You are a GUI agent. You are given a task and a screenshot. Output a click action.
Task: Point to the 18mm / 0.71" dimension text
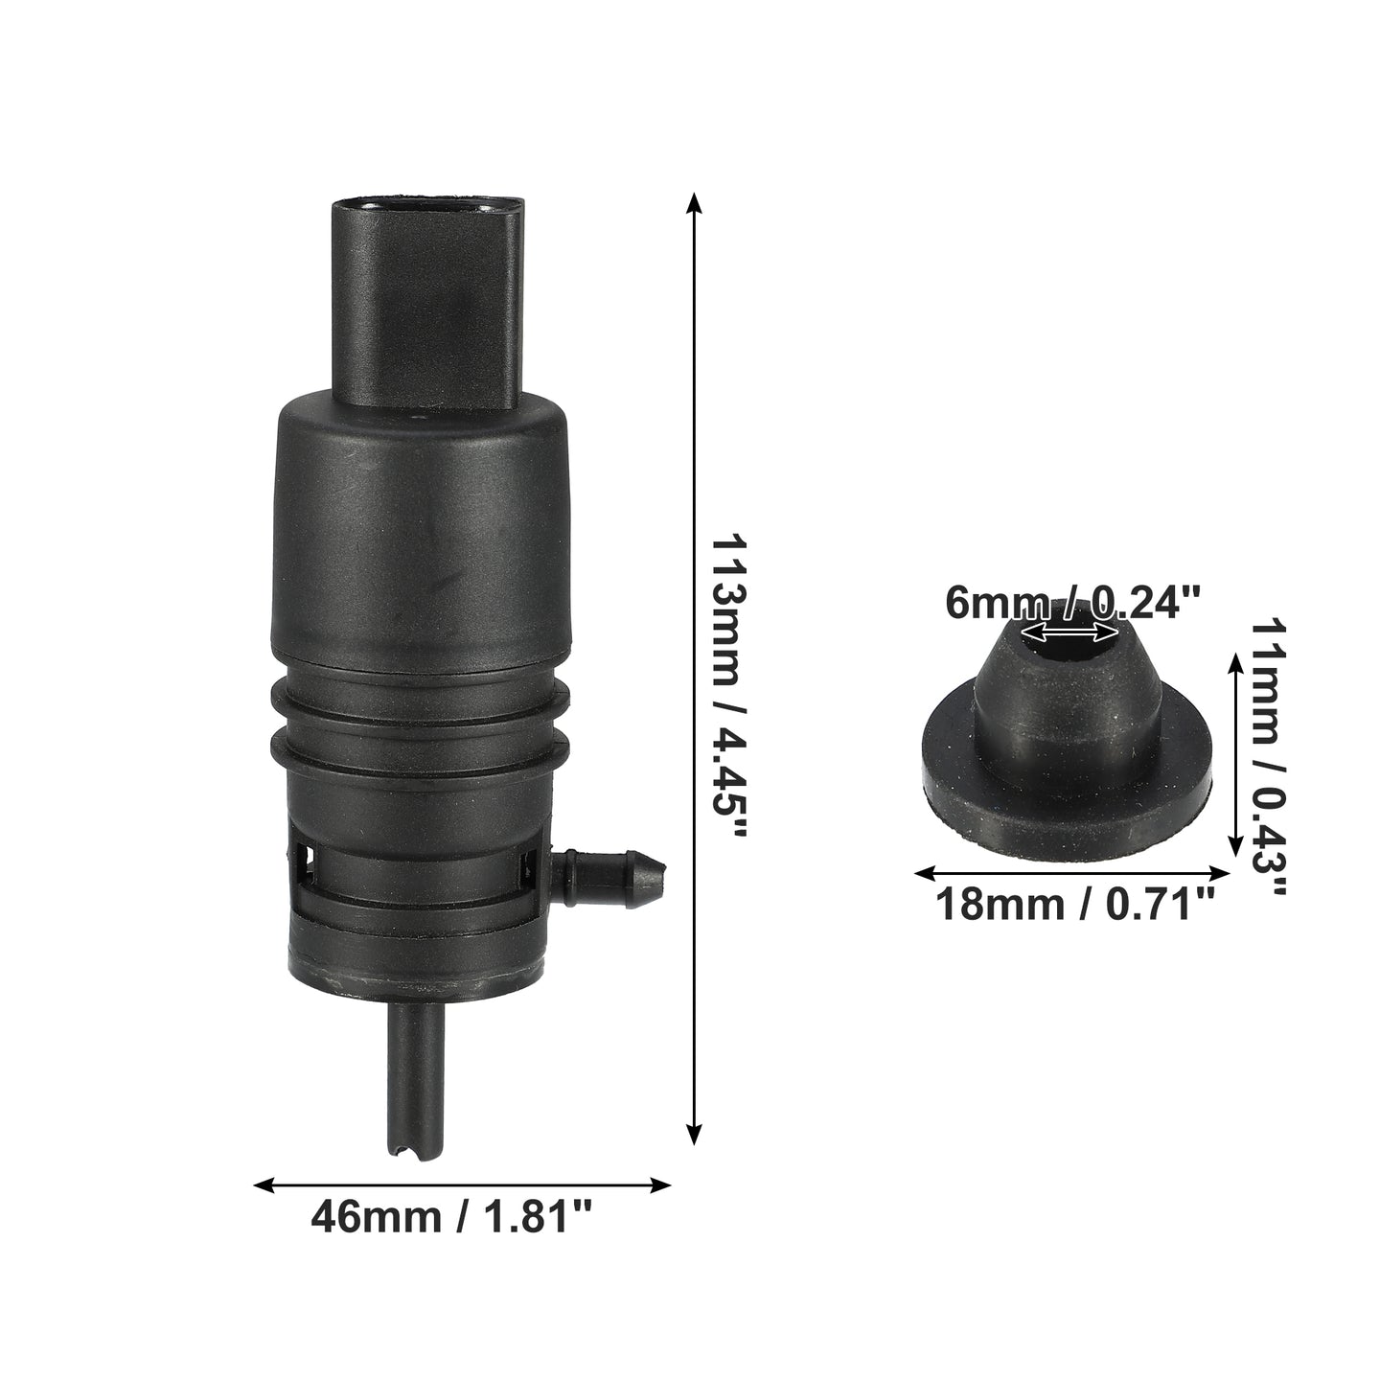(x=1075, y=905)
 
